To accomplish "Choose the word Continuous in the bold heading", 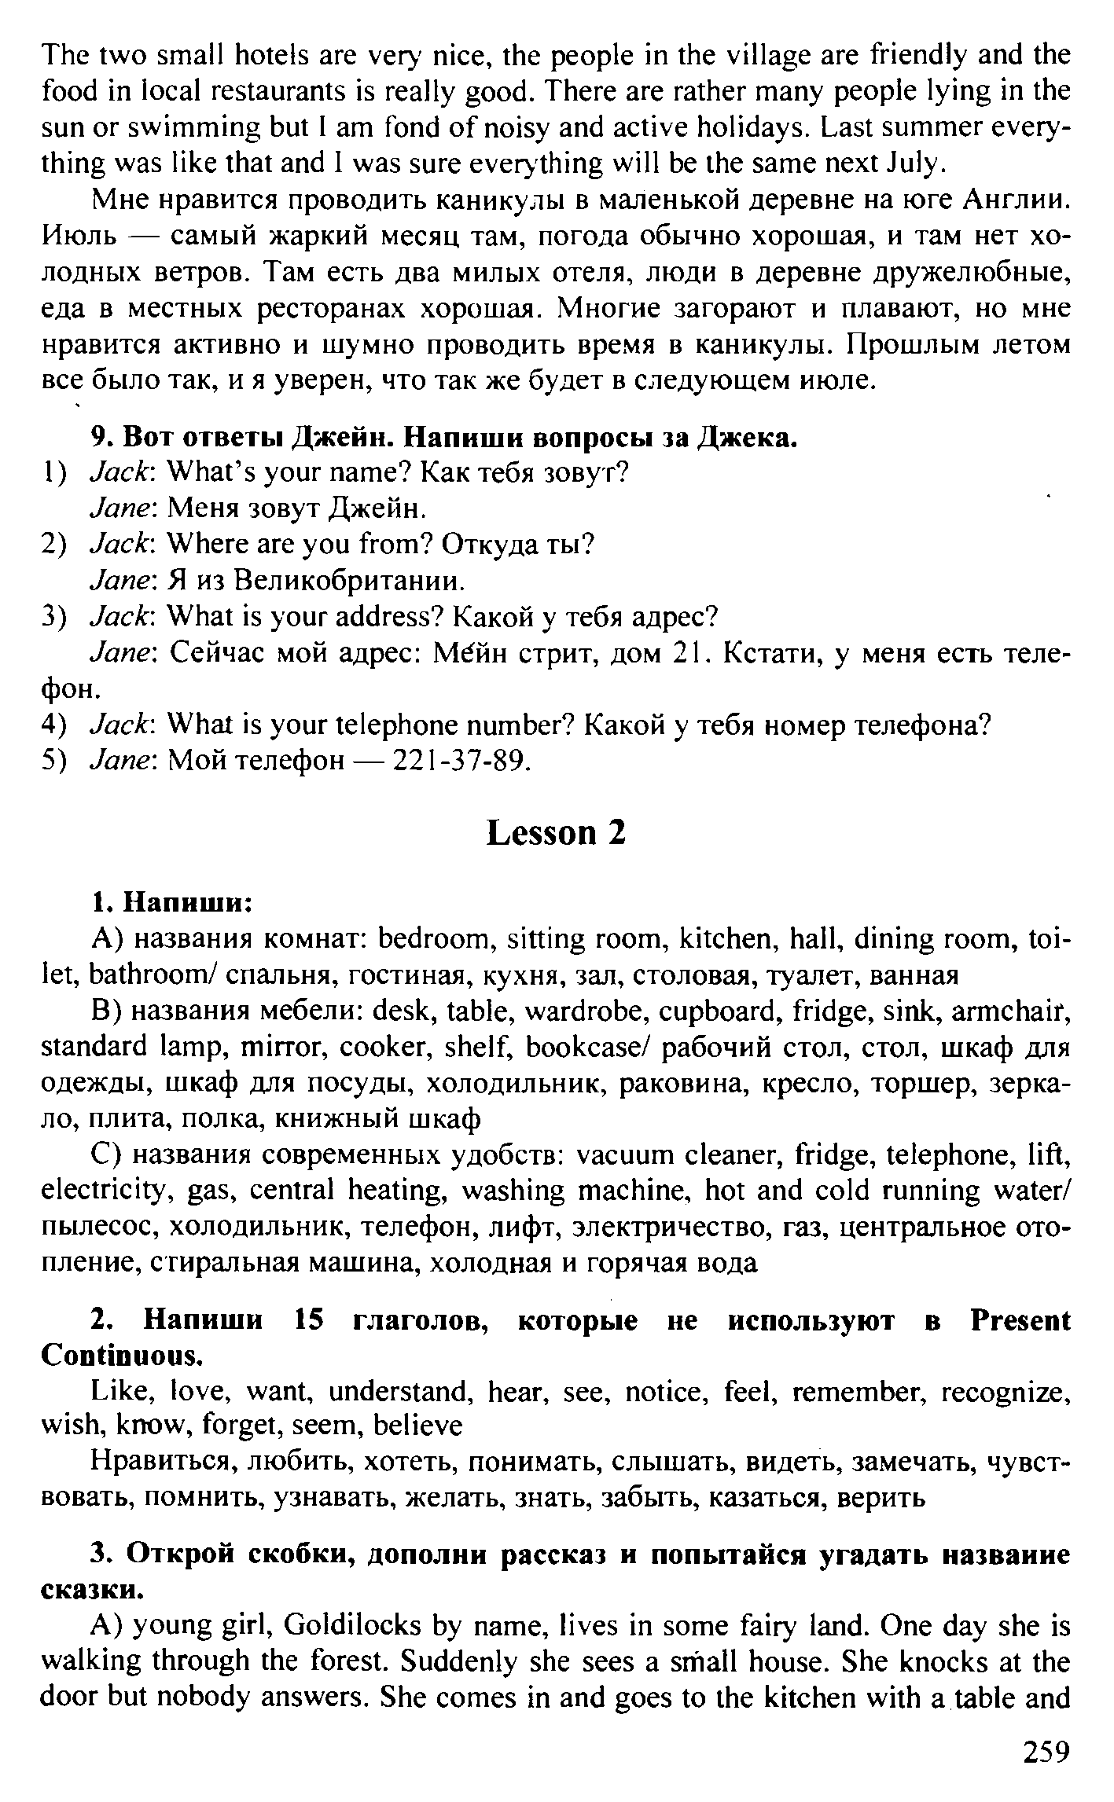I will tap(121, 1356).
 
